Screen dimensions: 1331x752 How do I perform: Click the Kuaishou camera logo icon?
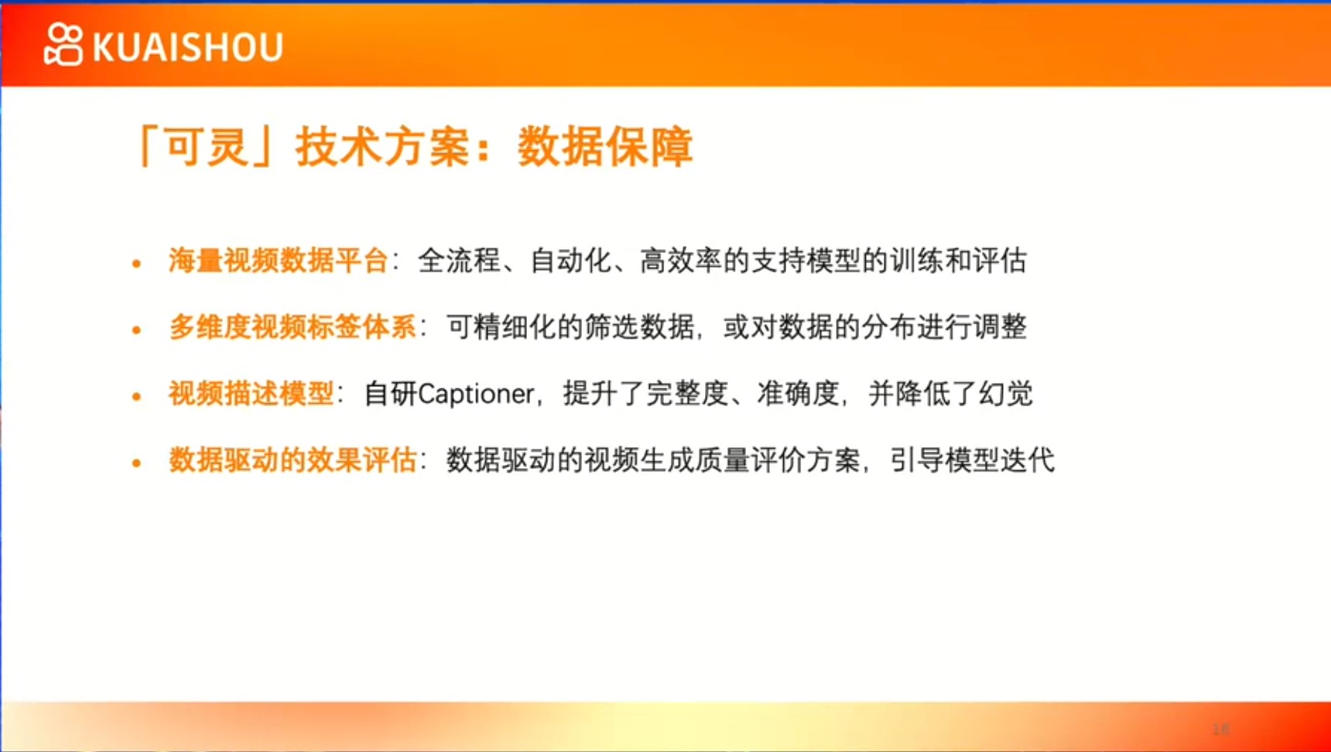[63, 45]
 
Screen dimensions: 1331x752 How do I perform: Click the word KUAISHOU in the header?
[188, 47]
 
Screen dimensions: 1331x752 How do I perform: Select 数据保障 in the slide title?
[604, 146]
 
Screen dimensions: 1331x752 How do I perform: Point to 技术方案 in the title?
[382, 146]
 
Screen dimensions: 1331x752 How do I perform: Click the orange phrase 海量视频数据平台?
[279, 261]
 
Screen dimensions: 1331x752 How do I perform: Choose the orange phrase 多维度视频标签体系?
[293, 327]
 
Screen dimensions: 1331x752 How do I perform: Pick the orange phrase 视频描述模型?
[251, 394]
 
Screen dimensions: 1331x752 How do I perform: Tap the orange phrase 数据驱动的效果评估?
[293, 460]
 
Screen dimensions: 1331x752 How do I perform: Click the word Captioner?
[476, 394]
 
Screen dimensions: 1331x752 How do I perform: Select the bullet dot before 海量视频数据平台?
[137, 264]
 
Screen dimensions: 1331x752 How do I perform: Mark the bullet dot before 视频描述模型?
[137, 397]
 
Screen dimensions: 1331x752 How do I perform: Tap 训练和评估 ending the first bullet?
[959, 261]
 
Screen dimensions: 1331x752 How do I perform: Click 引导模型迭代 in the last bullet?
[972, 460]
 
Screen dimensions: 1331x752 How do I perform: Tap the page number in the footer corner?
[1221, 729]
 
